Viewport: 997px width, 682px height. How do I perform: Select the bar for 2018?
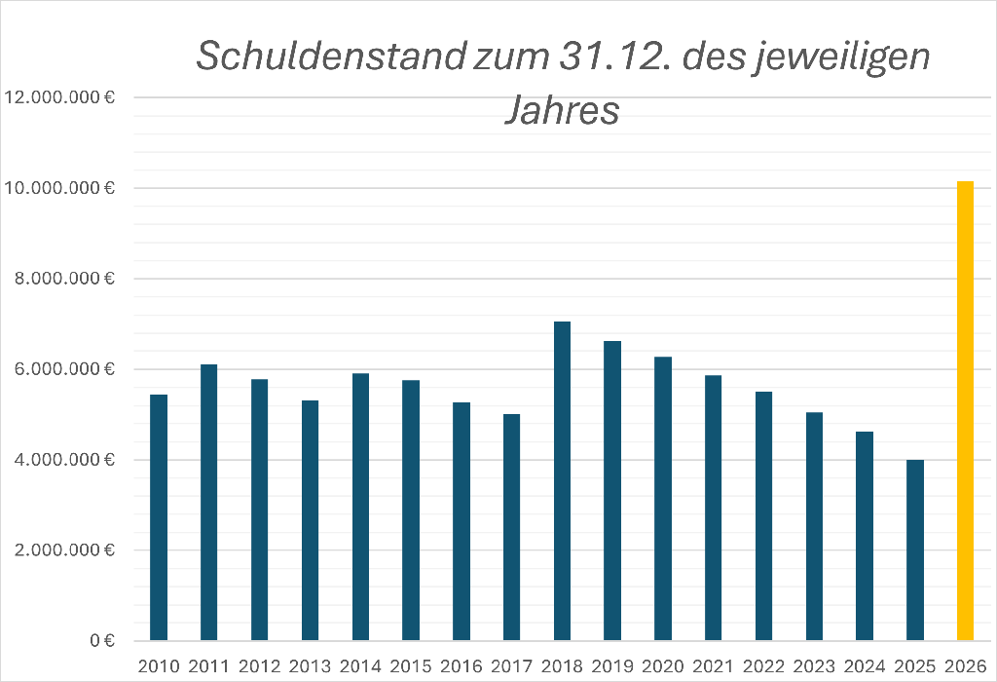[562, 481]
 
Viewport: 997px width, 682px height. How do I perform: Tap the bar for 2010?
[159, 517]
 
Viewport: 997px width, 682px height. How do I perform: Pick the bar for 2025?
[914, 550]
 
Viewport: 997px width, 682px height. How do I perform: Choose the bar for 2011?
[208, 503]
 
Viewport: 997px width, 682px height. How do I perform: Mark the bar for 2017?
[511, 527]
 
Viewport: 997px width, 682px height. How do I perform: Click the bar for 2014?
[360, 507]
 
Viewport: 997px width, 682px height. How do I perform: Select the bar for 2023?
[814, 526]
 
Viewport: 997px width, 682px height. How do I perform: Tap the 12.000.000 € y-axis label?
[60, 97]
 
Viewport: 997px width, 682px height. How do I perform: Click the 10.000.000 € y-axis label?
[60, 188]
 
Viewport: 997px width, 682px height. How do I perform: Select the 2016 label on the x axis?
[461, 666]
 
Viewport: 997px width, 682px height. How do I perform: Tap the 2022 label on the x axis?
[763, 666]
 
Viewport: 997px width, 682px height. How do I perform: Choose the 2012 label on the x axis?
[259, 666]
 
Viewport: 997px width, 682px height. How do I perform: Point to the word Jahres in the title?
[562, 109]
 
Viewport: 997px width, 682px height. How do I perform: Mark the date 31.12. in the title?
[613, 57]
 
